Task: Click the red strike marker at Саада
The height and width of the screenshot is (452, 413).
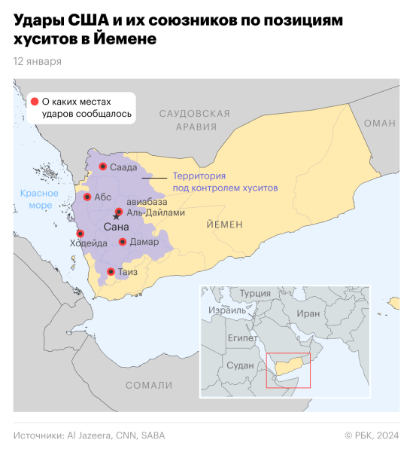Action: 102,166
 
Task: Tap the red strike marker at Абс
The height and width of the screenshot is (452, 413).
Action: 87,197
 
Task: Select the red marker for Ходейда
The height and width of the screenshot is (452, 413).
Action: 80,234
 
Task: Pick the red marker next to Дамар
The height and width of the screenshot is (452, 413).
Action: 122,242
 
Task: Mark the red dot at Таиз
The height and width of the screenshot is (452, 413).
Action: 111,271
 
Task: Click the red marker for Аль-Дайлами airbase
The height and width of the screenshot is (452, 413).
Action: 119,212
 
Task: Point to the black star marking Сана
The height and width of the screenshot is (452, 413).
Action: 115,218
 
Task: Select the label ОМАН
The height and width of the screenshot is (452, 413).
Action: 379,123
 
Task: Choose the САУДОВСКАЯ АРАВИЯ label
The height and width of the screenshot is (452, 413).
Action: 194,120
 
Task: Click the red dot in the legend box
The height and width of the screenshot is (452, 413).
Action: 35,101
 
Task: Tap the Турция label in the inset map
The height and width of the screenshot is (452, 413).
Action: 256,293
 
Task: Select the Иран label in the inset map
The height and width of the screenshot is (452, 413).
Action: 308,313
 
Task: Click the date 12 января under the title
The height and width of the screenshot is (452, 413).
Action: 38,61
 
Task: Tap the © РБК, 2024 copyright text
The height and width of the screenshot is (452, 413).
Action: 372,435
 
